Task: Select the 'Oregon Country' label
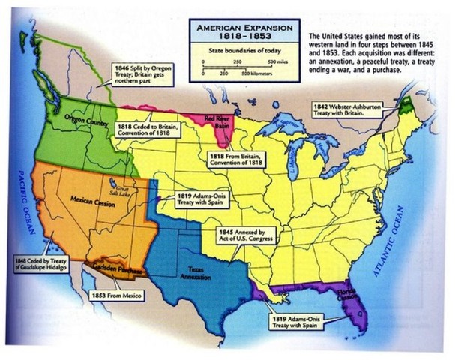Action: pos(84,120)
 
